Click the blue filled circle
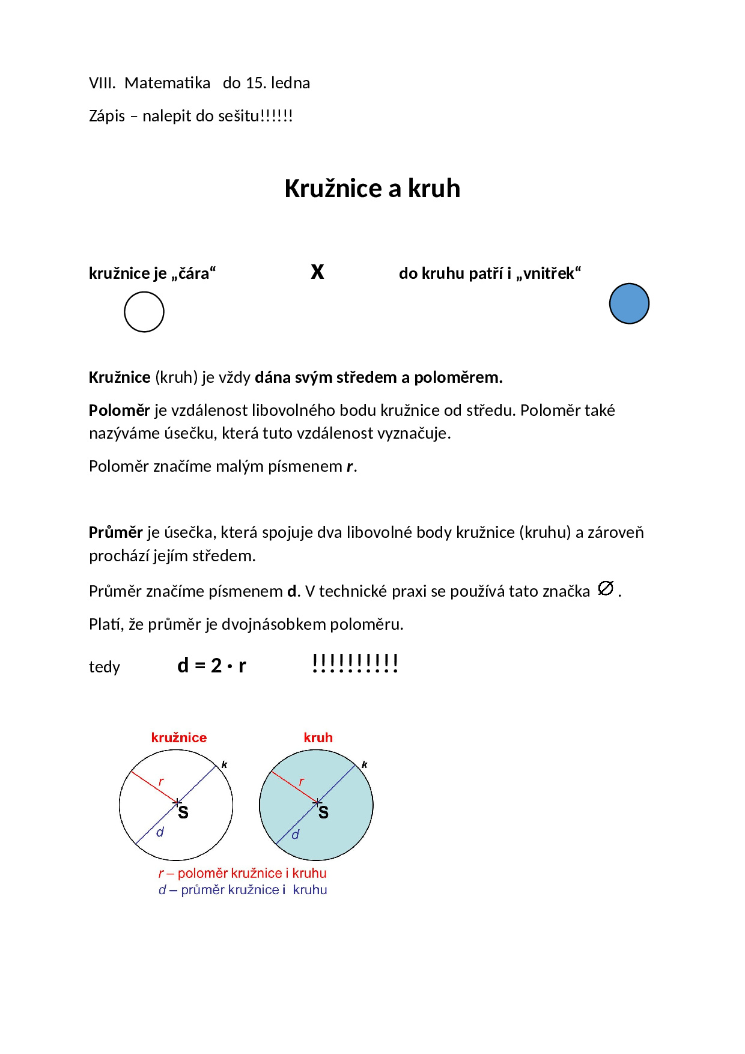coord(629,303)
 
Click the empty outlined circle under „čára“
coord(144,312)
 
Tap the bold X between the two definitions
coord(317,272)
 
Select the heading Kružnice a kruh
coord(372,189)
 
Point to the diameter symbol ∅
coord(606,588)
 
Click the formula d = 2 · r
coord(211,666)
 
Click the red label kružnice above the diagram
coord(178,737)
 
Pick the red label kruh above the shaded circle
coord(318,737)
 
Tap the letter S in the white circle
coord(183,813)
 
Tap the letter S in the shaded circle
coord(323,813)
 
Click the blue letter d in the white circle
coord(160,832)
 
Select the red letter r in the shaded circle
coord(301,782)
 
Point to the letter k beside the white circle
coord(224,764)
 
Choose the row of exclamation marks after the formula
coord(355,663)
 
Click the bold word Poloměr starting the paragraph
coord(119,410)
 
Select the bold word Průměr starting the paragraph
coord(115,532)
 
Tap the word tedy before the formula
coord(105,667)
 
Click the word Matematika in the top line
coord(167,83)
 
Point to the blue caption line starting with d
coord(243,890)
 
